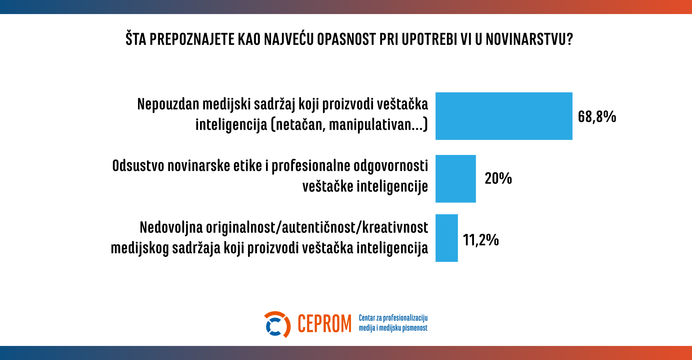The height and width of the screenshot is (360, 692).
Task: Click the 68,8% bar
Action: (x=504, y=116)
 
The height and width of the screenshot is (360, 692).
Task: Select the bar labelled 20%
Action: (x=456, y=179)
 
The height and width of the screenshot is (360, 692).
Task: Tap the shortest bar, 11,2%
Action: (x=447, y=238)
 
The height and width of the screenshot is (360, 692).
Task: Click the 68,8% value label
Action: (x=597, y=117)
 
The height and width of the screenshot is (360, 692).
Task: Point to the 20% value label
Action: (x=498, y=178)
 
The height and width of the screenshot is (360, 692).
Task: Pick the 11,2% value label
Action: (x=480, y=240)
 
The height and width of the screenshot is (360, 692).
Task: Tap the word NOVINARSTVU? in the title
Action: (x=529, y=39)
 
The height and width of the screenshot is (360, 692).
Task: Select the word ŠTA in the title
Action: (x=136, y=39)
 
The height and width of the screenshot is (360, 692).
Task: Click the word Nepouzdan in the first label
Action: (x=168, y=105)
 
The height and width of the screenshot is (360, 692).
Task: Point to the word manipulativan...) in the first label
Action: (x=378, y=125)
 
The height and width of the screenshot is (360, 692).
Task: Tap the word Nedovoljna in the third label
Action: (x=171, y=228)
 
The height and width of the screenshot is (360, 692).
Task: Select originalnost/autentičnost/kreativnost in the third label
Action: (x=317, y=228)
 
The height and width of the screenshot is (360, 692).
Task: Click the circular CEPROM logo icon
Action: (x=277, y=324)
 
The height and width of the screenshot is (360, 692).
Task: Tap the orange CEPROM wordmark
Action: (x=324, y=324)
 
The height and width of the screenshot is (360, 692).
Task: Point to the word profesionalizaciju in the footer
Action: (x=405, y=318)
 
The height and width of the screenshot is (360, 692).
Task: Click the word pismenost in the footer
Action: (x=415, y=328)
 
